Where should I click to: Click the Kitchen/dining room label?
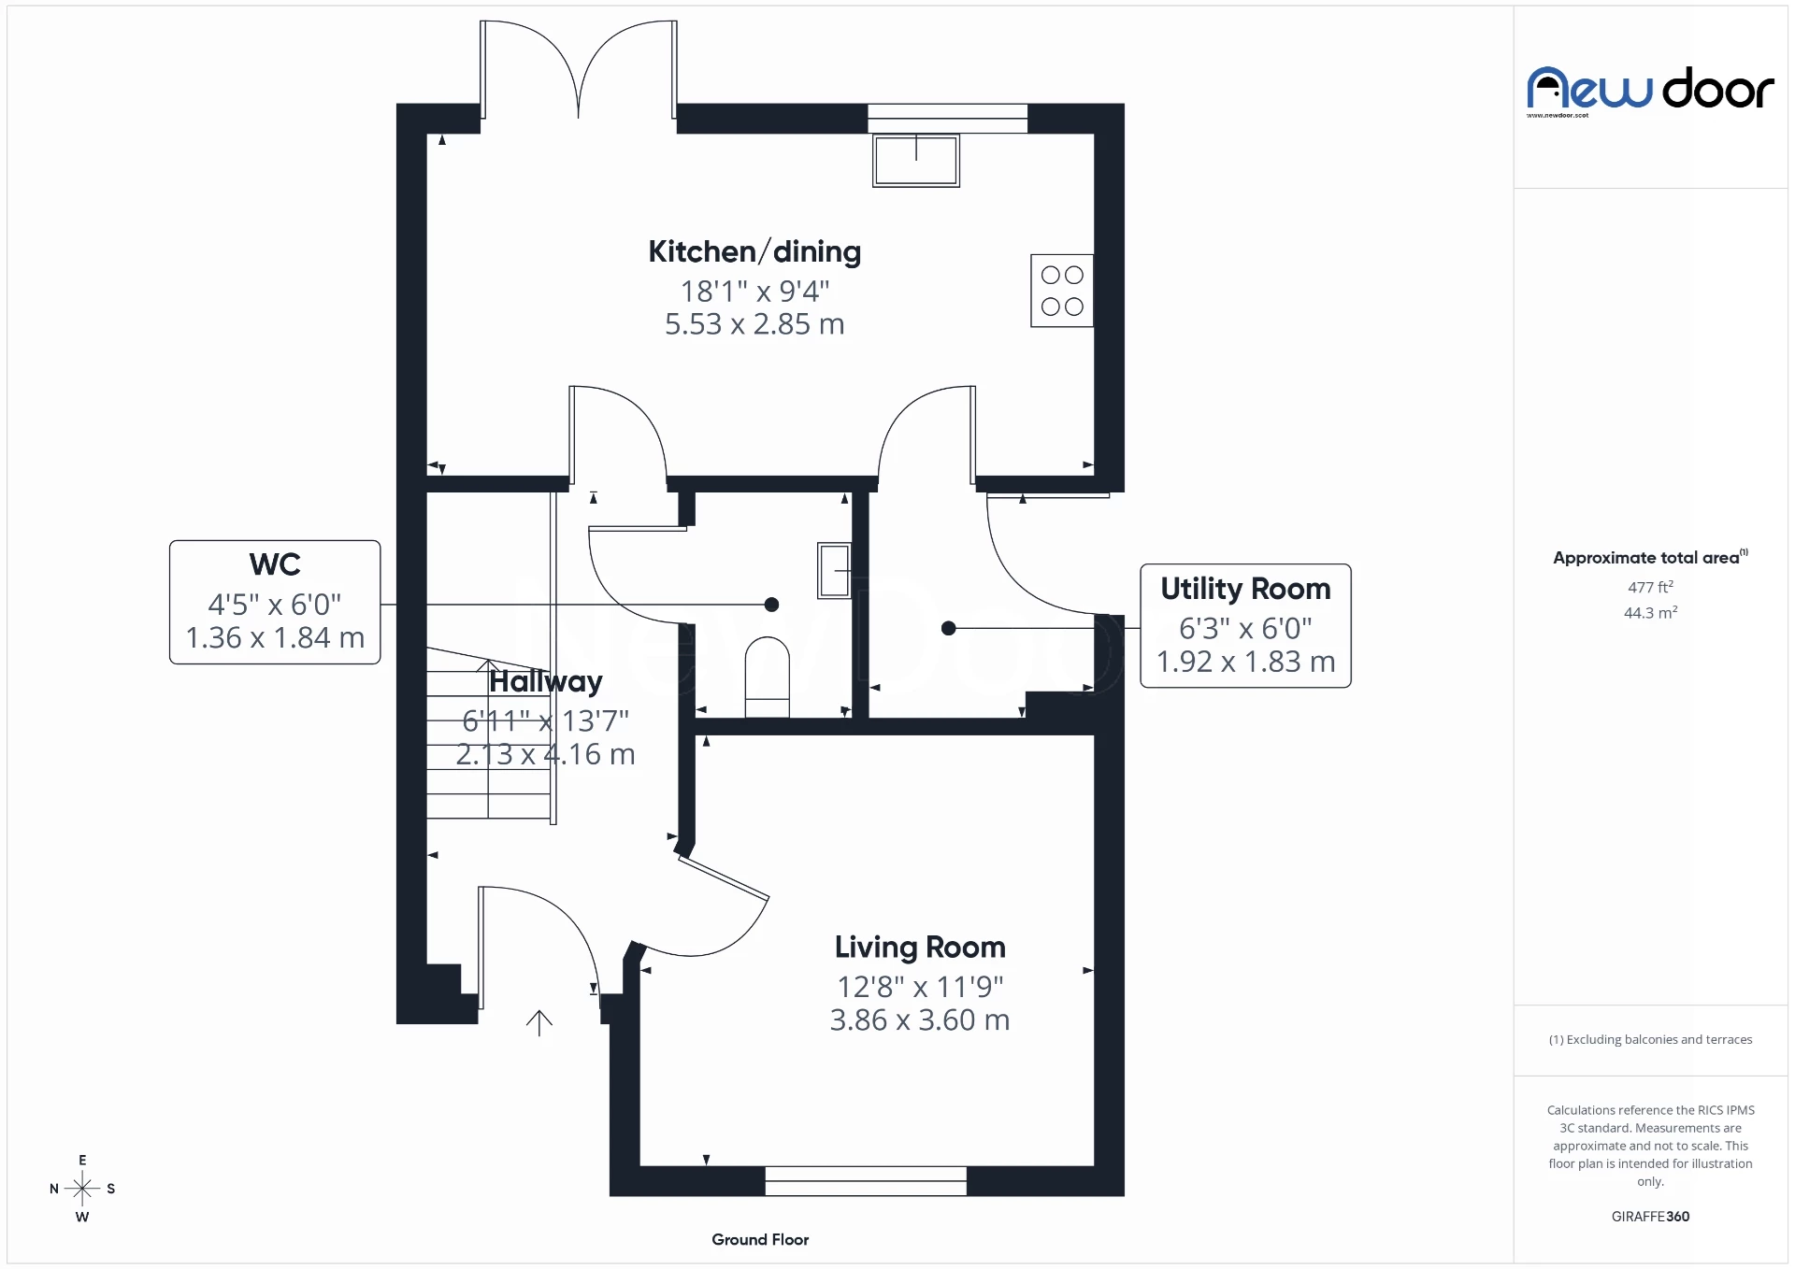coord(754,251)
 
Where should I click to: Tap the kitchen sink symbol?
coord(915,160)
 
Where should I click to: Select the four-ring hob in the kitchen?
coord(1062,291)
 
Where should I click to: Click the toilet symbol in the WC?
coord(767,676)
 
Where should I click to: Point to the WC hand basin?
coord(834,569)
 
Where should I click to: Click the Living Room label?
coord(920,948)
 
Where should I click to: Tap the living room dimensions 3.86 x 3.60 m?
coord(920,1019)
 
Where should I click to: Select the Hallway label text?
coord(546,681)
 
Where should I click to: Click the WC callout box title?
coord(275,564)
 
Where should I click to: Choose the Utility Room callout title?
coord(1245,589)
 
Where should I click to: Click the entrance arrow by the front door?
coord(539,1023)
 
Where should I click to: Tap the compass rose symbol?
coord(82,1189)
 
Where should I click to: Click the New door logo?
coord(1650,90)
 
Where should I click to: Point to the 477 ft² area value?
coord(1650,587)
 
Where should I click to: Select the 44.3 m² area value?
coord(1650,613)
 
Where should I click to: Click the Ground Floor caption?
coord(760,1239)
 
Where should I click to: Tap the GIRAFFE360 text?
coord(1650,1216)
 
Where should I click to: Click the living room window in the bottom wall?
coord(866,1180)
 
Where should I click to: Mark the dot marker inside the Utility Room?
coord(949,628)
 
